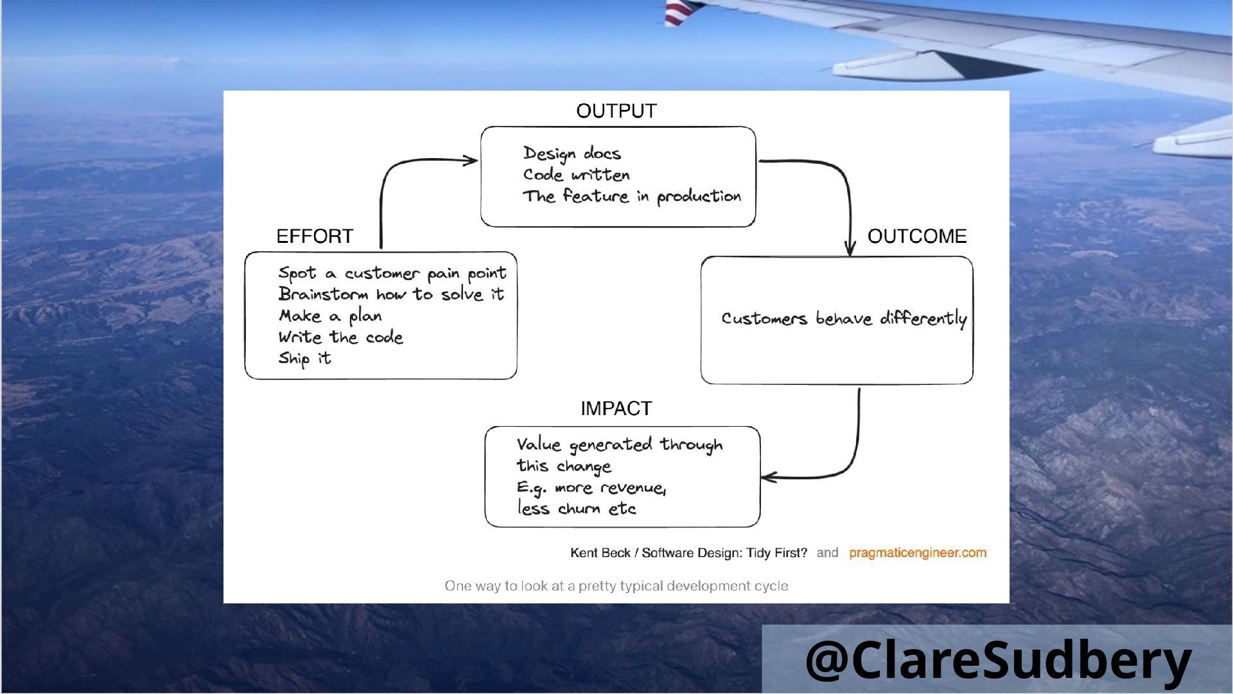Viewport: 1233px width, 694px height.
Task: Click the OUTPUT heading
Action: (x=616, y=111)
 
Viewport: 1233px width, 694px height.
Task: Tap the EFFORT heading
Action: (x=315, y=236)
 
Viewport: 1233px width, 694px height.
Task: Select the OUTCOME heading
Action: (x=916, y=236)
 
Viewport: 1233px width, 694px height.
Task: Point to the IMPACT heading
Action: (x=616, y=409)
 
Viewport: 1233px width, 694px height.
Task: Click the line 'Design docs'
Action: (x=572, y=154)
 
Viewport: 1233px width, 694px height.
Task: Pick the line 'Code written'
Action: (x=576, y=175)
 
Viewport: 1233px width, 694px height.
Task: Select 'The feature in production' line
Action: (x=631, y=196)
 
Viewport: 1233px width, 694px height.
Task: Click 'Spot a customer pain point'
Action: (x=392, y=273)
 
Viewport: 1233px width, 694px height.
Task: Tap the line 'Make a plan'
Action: (x=330, y=316)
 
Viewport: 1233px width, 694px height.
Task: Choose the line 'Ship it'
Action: (x=304, y=358)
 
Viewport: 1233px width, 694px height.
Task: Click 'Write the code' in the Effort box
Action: (x=340, y=337)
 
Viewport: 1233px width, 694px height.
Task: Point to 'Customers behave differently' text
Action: (x=843, y=319)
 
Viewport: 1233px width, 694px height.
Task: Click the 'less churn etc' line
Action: (x=576, y=509)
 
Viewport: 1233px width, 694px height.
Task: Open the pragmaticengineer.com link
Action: (x=917, y=553)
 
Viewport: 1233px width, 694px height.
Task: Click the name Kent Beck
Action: (x=600, y=553)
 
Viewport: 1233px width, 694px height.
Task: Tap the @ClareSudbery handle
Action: (x=998, y=660)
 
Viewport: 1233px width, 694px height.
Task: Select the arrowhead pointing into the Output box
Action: (x=471, y=160)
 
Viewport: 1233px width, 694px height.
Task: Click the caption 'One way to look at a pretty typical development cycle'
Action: (x=616, y=586)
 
